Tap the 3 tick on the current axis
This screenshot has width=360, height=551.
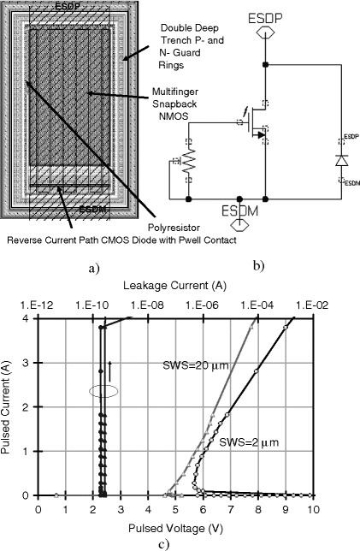click(26, 362)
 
